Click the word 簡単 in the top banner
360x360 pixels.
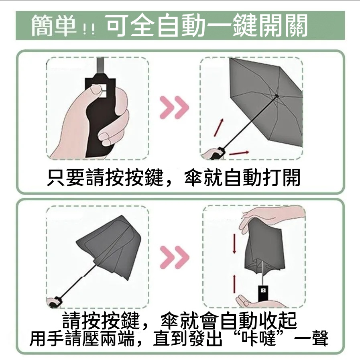55,26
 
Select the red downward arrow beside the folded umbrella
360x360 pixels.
234,243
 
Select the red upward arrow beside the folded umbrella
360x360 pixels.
234,283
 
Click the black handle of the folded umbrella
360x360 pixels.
263,289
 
